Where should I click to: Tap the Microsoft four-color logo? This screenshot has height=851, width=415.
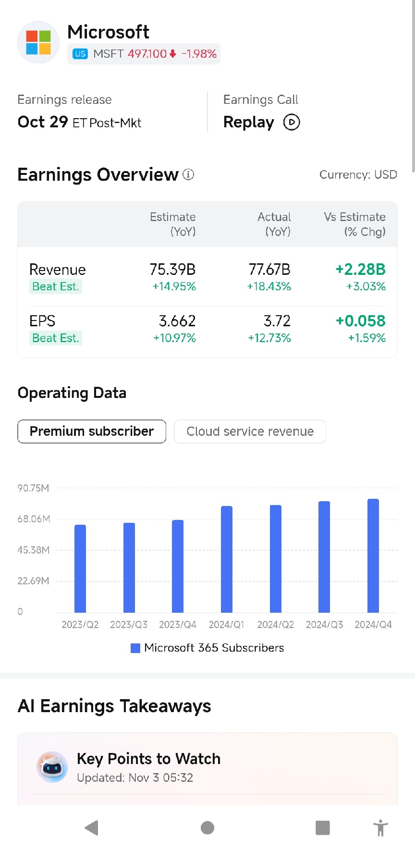click(x=38, y=42)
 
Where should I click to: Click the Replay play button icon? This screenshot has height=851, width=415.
click(x=292, y=122)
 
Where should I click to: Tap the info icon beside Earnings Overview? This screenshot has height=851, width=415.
click(x=188, y=174)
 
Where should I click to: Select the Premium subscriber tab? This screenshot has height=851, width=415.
click(x=92, y=432)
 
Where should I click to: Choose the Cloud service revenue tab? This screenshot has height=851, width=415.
click(x=250, y=432)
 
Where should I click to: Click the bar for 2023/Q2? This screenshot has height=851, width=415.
click(x=80, y=568)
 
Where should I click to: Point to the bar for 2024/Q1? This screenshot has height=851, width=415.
click(x=227, y=559)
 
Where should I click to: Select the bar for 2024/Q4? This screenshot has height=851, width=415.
click(x=373, y=555)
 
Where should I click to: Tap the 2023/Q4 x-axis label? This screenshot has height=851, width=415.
click(x=178, y=625)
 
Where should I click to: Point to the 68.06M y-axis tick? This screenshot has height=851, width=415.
click(x=34, y=519)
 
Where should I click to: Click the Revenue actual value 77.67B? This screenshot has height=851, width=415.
click(x=269, y=270)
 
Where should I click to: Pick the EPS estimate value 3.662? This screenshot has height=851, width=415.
click(x=177, y=321)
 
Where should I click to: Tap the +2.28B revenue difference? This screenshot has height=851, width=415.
click(x=360, y=270)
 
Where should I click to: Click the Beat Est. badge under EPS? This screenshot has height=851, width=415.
click(x=55, y=338)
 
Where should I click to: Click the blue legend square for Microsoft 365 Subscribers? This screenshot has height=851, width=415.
click(x=135, y=648)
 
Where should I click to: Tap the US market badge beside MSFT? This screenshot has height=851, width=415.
click(x=80, y=54)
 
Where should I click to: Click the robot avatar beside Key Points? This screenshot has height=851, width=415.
click(x=52, y=767)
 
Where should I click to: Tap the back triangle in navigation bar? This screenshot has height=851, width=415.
click(x=91, y=828)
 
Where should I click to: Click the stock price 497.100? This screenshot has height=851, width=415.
click(x=147, y=54)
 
